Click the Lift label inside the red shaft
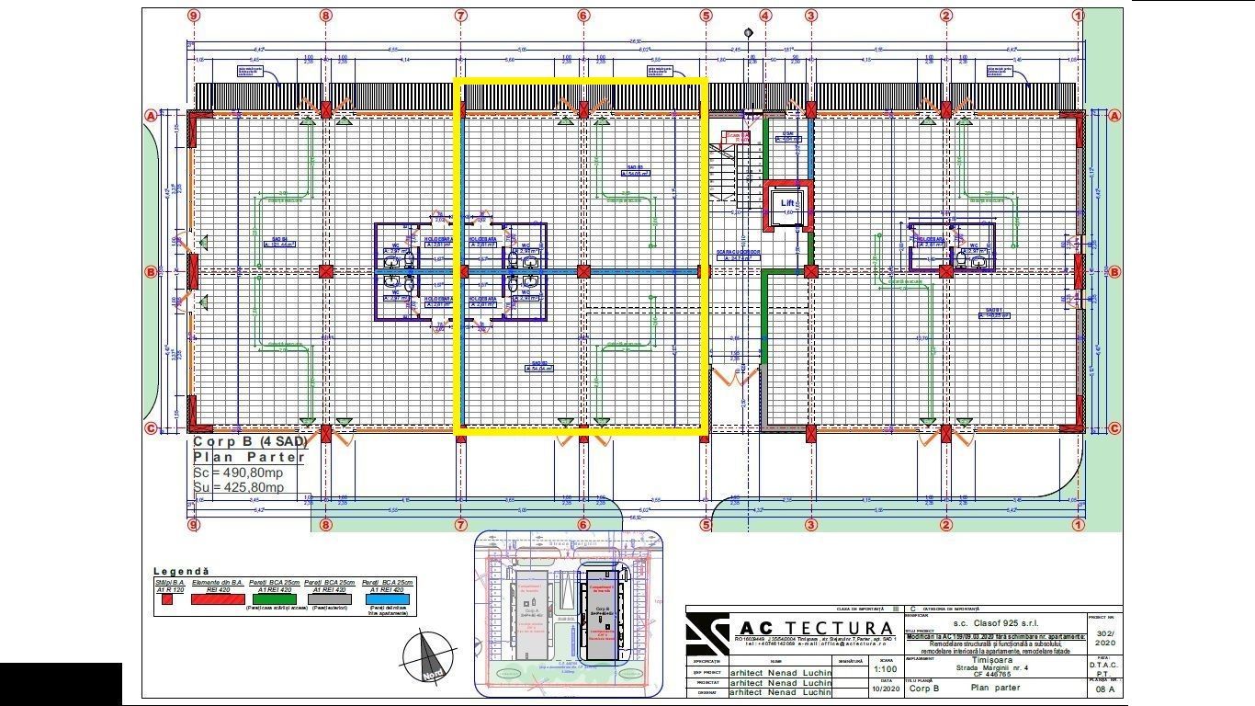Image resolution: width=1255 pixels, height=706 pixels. click(x=787, y=203)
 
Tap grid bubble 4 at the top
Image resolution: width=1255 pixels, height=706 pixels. click(x=765, y=16)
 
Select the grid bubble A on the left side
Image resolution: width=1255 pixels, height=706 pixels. click(x=151, y=116)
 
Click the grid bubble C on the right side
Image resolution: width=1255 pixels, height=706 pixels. click(x=1114, y=428)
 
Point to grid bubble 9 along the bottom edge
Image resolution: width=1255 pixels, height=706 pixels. click(x=193, y=525)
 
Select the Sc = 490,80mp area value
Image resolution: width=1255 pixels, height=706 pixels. click(x=239, y=473)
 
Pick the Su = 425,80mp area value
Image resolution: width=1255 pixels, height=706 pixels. click(x=239, y=487)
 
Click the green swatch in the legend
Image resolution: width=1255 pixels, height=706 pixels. click(x=267, y=598)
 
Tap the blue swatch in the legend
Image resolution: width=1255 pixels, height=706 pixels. click(x=387, y=598)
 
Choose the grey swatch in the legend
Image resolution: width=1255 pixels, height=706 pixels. click(x=327, y=598)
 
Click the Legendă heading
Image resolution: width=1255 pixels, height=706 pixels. click(x=181, y=572)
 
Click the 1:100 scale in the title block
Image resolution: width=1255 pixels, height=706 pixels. click(x=885, y=669)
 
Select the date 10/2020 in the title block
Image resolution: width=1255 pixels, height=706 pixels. click(x=885, y=688)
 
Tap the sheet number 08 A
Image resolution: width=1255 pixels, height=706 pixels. click(x=1105, y=689)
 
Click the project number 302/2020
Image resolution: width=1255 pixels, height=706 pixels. click(x=1104, y=639)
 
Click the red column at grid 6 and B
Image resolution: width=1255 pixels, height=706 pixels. click(x=583, y=271)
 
